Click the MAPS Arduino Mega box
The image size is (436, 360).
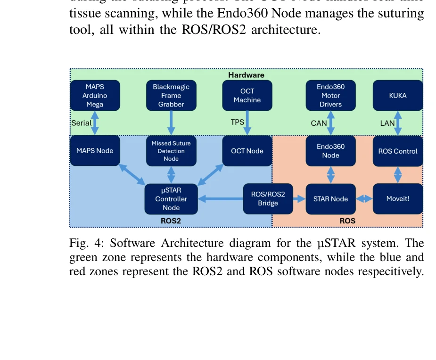95,96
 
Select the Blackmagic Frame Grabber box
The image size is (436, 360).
171,96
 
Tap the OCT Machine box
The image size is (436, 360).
247,96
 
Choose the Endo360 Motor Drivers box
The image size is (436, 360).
330,96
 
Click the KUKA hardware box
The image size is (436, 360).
398,96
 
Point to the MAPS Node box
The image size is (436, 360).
95,151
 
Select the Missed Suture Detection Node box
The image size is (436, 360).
171,151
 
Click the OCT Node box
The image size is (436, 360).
247,151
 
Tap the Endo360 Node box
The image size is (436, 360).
330,151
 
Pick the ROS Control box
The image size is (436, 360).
398,151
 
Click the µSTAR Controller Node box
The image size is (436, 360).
171,199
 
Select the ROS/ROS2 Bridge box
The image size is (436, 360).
268,199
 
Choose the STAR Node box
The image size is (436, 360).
330,199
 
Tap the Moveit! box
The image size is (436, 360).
398,199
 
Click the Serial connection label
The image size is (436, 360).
82,123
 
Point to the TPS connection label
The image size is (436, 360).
237,122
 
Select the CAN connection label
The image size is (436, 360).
319,123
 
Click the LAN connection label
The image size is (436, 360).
387,123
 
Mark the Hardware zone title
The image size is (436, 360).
246,75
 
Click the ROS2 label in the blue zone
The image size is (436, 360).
171,221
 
